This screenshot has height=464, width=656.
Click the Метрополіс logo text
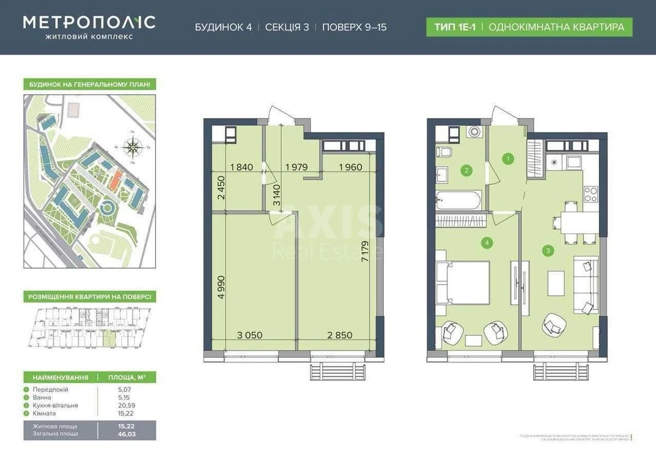89,22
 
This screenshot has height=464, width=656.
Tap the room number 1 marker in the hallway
508,159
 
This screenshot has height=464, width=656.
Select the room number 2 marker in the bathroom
466,171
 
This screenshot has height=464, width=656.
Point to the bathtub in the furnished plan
459,200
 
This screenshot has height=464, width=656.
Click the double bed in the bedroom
463,282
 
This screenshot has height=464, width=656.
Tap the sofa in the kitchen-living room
585,286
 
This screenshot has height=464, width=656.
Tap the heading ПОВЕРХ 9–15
354,27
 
